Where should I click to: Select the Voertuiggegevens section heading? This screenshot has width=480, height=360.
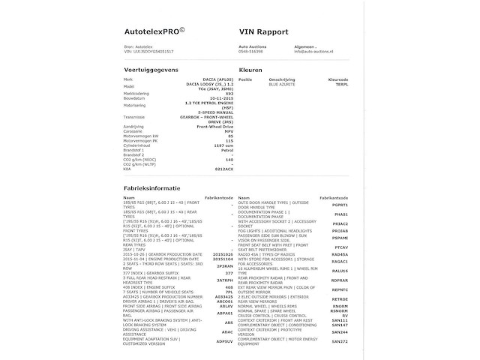(x=152, y=70)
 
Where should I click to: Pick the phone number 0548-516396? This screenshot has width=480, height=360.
(x=251, y=52)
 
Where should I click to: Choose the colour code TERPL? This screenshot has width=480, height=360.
(x=340, y=85)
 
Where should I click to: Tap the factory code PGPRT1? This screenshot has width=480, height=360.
(x=340, y=205)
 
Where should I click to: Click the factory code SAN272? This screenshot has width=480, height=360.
(x=340, y=341)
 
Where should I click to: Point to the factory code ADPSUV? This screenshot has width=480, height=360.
(x=225, y=341)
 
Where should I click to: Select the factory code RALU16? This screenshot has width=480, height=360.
(x=340, y=270)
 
